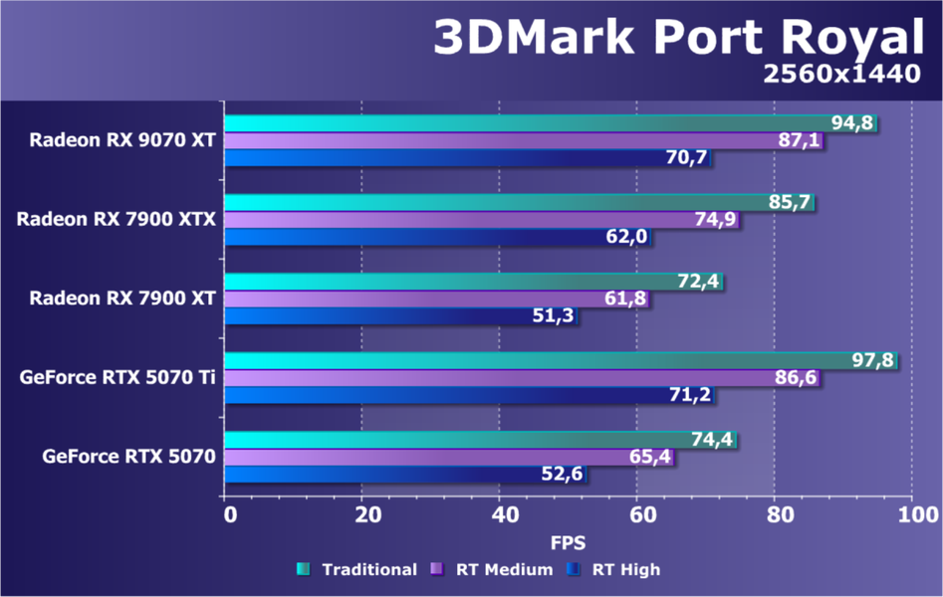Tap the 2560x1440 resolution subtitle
[841, 75]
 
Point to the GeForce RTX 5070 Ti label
[118, 377]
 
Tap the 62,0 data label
[626, 238]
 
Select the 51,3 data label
[553, 316]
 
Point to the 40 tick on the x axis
[505, 514]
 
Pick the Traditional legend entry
[357, 570]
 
